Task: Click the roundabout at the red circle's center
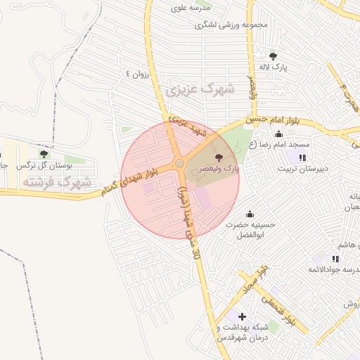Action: click(x=180, y=164)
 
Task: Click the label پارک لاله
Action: click(x=274, y=67)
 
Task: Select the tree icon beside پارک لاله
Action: click(x=273, y=56)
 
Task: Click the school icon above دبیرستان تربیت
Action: click(x=303, y=157)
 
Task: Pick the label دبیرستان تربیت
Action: click(x=302, y=169)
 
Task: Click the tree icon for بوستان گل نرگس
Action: click(x=44, y=153)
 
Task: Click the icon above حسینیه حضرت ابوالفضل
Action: click(x=249, y=214)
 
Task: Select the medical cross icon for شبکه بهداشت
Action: click(x=242, y=317)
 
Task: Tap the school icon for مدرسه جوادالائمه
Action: click(x=335, y=259)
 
